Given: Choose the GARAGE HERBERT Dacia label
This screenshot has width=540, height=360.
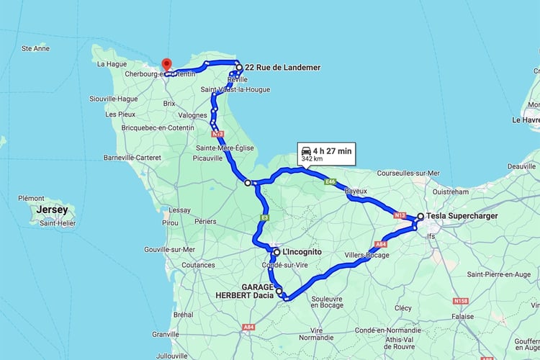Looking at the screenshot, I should (x=246, y=291).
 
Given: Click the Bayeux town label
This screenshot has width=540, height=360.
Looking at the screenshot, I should (x=356, y=192).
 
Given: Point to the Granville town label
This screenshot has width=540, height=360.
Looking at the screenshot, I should (x=166, y=334).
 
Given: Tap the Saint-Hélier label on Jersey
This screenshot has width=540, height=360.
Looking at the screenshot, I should (x=58, y=222).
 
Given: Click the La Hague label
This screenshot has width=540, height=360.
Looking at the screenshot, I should (x=112, y=64).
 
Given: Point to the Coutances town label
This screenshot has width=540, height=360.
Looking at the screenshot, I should (x=179, y=264).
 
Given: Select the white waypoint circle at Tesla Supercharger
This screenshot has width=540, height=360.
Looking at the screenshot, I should (x=420, y=215).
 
